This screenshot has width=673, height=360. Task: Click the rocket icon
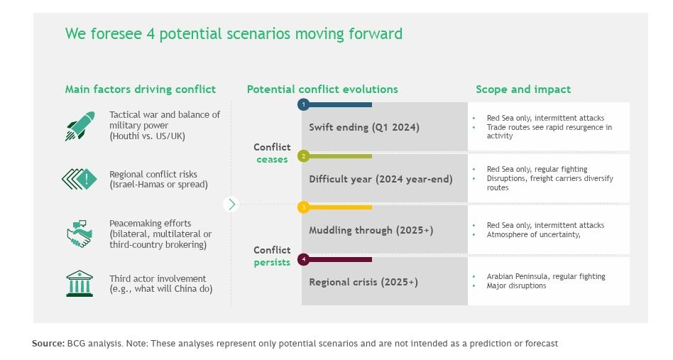click(x=80, y=126)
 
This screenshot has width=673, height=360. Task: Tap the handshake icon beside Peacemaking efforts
click(x=80, y=234)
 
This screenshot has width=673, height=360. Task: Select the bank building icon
click(x=80, y=283)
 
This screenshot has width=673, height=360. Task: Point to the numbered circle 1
click(x=303, y=104)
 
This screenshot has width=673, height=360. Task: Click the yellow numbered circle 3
click(x=303, y=207)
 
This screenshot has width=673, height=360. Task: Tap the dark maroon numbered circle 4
click(x=303, y=259)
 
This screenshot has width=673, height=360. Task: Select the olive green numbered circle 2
click(x=303, y=156)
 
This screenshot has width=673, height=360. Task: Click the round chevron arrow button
click(x=231, y=204)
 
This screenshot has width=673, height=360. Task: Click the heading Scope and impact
click(x=523, y=89)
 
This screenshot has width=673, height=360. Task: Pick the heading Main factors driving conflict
click(x=141, y=89)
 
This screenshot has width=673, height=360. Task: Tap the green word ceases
click(x=272, y=160)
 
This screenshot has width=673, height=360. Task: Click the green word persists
click(x=272, y=263)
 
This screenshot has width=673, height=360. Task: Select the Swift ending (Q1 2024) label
click(x=364, y=127)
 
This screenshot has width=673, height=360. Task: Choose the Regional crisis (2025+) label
click(x=363, y=282)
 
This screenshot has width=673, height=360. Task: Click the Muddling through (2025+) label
click(x=371, y=231)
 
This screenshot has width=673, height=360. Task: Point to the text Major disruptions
click(x=516, y=285)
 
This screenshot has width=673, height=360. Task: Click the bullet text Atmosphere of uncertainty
click(x=534, y=235)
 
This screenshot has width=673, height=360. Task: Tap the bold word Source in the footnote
click(x=48, y=343)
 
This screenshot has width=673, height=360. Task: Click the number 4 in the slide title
click(x=151, y=34)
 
